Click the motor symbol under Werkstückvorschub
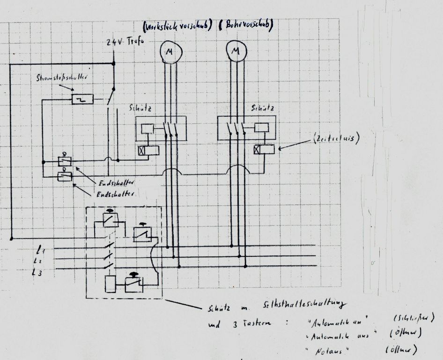[168, 52]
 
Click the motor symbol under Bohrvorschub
[235, 51]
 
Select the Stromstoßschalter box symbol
[82, 99]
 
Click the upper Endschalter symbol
[65, 161]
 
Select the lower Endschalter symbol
[65, 176]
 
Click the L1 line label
[42, 247]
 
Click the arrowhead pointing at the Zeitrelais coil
[280, 149]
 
